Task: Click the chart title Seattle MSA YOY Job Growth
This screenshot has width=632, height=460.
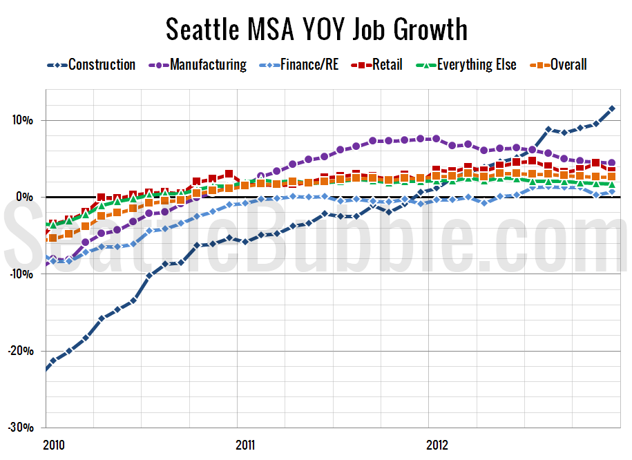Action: (x=316, y=30)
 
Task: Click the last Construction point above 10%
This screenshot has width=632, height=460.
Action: (x=612, y=109)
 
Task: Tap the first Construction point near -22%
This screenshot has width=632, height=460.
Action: (x=46, y=368)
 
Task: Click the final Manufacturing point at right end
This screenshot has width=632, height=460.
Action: (x=612, y=163)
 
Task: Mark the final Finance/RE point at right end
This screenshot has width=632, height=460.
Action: (x=612, y=192)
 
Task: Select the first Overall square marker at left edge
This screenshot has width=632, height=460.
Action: (x=52, y=238)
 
